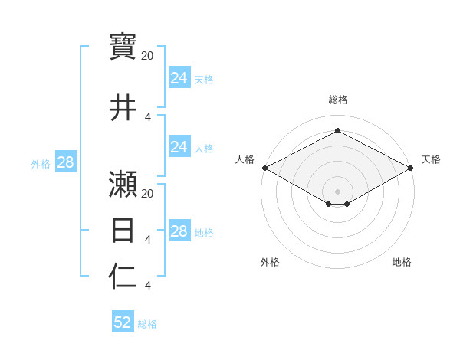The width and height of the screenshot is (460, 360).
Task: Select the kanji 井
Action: click(123, 107)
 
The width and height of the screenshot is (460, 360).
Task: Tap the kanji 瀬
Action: click(123, 184)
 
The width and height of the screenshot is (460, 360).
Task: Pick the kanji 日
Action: click(123, 230)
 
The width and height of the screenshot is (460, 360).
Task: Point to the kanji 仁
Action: click(123, 277)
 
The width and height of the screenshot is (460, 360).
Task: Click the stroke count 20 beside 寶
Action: click(148, 56)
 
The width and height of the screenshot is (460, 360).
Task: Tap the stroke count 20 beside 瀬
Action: click(148, 193)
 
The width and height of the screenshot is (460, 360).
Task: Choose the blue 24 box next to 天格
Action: click(179, 78)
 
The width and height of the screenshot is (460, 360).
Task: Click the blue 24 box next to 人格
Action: click(179, 147)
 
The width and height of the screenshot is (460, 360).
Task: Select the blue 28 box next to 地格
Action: click(179, 231)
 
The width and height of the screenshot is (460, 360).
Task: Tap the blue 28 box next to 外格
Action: click(65, 162)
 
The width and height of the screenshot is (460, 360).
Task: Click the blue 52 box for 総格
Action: click(123, 322)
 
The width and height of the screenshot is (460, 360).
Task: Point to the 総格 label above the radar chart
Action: click(337, 100)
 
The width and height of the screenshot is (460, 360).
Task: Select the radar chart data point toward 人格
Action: click(264, 168)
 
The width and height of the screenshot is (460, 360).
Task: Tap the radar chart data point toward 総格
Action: click(337, 131)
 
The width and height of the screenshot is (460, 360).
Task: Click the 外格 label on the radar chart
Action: click(270, 262)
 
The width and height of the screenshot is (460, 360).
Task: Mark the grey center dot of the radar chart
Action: click(337, 190)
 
